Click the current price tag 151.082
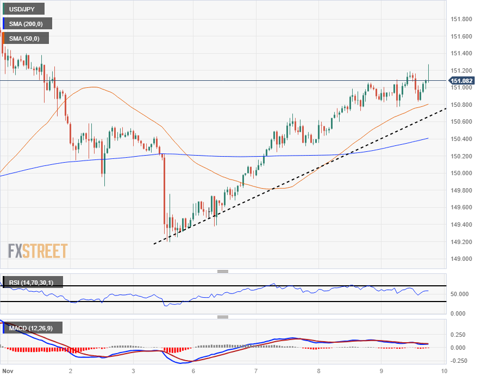click(x=461, y=81)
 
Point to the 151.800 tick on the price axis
click(x=462, y=20)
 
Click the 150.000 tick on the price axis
click(x=462, y=173)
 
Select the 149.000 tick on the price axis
click(x=462, y=259)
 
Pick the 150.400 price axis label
click(x=462, y=139)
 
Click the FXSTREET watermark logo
click(x=38, y=251)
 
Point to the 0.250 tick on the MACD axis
click(x=459, y=335)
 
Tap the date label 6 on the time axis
click(x=193, y=371)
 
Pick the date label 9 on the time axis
click(x=381, y=371)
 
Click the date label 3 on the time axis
click(x=133, y=371)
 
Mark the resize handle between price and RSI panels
click(x=222, y=271)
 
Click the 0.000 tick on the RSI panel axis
click(x=459, y=313)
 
